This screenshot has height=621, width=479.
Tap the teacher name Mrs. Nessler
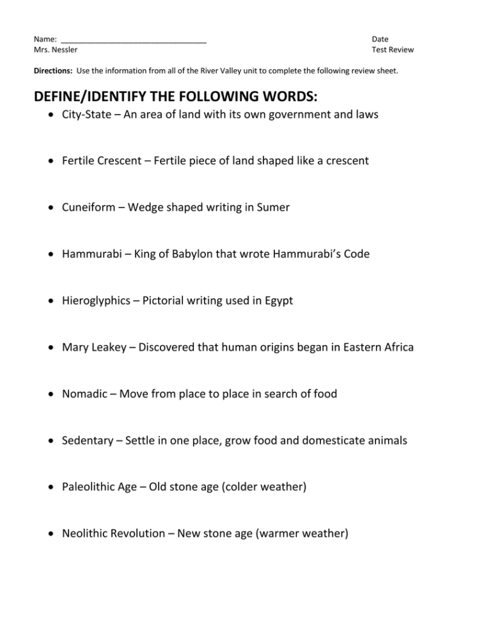click(56, 50)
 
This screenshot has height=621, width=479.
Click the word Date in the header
click(380, 39)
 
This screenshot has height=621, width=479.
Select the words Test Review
click(392, 50)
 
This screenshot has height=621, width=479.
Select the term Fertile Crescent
click(101, 161)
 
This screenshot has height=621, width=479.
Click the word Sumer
click(273, 207)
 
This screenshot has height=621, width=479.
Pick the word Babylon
click(191, 254)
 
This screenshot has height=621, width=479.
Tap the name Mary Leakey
click(94, 348)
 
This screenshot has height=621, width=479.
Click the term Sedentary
click(88, 440)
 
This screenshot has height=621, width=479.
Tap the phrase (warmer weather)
click(302, 534)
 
